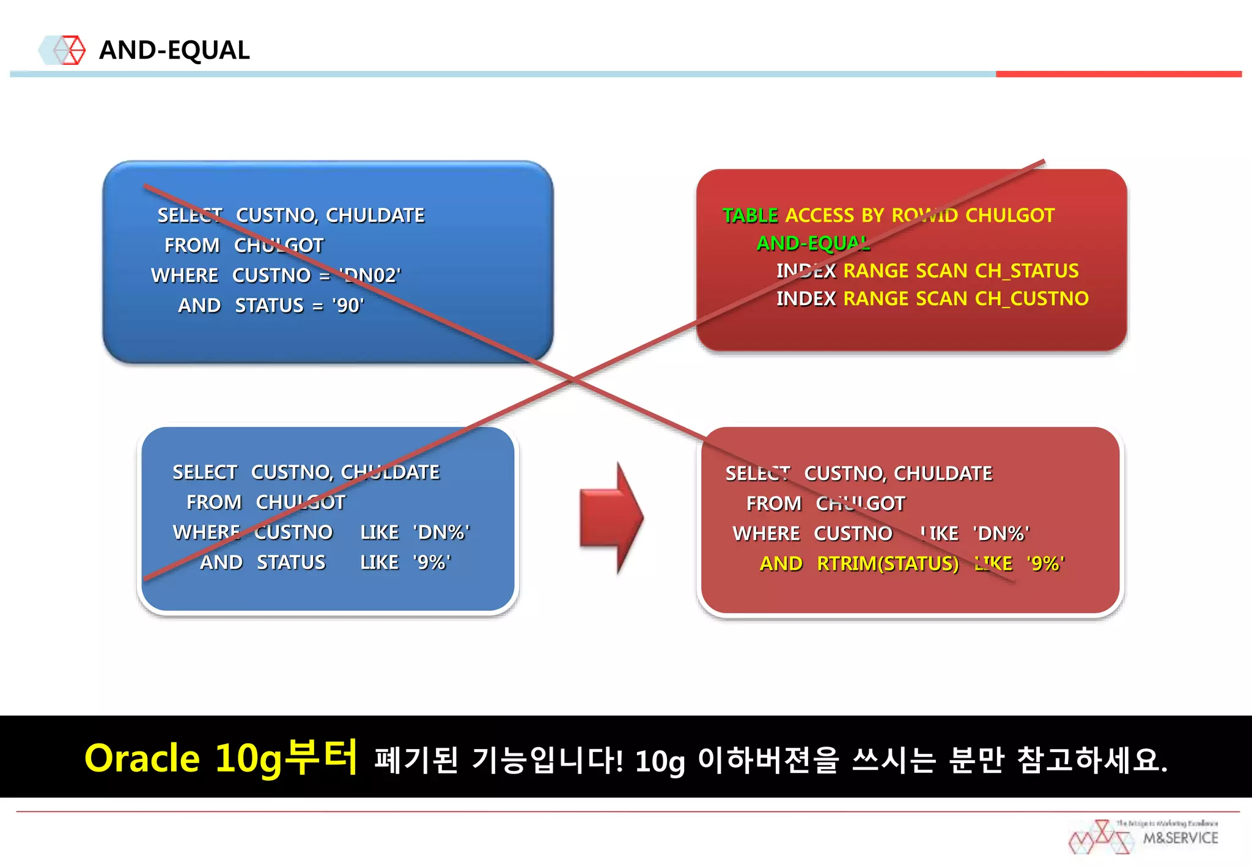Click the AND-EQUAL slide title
click(174, 50)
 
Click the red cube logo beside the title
click(70, 50)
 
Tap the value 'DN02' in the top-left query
click(370, 275)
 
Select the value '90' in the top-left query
click(348, 305)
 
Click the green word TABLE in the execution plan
click(750, 215)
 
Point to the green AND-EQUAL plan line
click(813, 243)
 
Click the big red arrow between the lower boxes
click(611, 517)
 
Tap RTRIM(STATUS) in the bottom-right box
click(888, 563)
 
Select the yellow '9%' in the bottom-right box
click(1045, 563)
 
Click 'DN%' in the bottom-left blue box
click(441, 532)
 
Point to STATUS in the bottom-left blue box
click(291, 562)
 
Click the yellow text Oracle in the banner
click(142, 758)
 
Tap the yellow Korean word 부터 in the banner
click(322, 757)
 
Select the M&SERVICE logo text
click(1180, 838)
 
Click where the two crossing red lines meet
click(573, 379)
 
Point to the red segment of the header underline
click(1118, 74)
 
